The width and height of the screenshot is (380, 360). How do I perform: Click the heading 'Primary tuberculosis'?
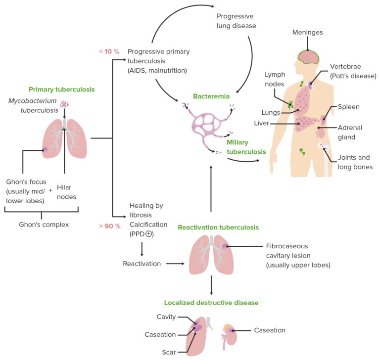click(61, 90)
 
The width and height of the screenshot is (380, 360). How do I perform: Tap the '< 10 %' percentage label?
click(109, 51)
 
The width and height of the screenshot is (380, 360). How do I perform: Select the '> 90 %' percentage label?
click(109, 226)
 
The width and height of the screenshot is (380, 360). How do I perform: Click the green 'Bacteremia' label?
click(211, 96)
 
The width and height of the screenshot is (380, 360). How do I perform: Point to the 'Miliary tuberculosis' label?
click(246, 147)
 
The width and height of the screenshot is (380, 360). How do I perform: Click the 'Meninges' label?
click(307, 33)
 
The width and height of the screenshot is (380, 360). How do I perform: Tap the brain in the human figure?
click(310, 57)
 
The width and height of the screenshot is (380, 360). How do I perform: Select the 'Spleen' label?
click(348, 107)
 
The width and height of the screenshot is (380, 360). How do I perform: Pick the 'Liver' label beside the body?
click(261, 123)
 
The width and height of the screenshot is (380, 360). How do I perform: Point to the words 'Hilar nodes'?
click(66, 192)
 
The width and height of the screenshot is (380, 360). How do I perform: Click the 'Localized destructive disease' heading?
click(211, 303)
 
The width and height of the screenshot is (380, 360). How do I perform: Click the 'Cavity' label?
click(166, 317)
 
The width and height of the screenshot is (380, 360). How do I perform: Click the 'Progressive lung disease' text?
click(236, 21)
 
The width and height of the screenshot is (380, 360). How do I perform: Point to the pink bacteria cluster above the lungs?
click(64, 104)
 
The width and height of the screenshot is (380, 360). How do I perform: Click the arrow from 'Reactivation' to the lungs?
click(174, 264)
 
